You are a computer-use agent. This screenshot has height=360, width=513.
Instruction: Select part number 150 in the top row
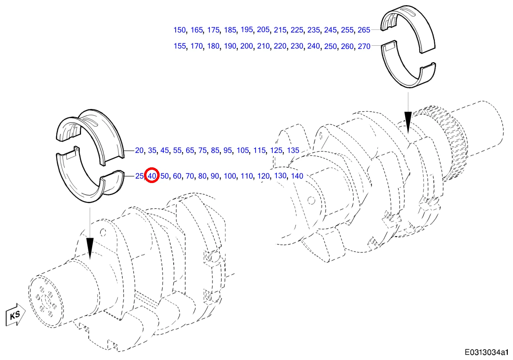(179, 30)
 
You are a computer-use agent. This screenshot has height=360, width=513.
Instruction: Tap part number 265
(364, 30)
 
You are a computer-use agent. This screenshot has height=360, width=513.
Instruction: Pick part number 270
(364, 46)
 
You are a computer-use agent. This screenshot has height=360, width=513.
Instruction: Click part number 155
(180, 46)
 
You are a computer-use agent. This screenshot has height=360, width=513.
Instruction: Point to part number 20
(139, 151)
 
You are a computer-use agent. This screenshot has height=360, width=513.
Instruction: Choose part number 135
(293, 151)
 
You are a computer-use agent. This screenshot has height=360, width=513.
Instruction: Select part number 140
(297, 176)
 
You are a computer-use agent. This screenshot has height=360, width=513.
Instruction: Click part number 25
(139, 176)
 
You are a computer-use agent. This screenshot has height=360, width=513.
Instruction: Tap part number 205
(263, 30)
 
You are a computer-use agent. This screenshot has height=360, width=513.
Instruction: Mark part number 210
(263, 46)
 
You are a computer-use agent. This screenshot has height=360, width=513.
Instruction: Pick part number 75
(202, 151)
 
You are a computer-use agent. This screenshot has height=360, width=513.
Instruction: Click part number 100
(230, 176)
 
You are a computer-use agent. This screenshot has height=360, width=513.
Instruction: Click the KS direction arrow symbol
(15, 315)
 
